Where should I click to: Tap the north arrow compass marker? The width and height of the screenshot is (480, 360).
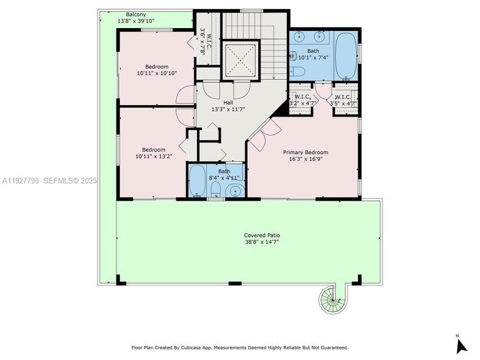tap(461, 344)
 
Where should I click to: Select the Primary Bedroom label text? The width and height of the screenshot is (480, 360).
tap(305, 152)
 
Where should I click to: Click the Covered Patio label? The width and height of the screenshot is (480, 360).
tap(262, 235)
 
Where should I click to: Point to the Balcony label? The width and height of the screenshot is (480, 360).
tap(136, 14)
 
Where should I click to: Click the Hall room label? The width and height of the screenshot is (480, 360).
tap(228, 102)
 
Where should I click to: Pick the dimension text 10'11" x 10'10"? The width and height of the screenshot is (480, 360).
tap(156, 73)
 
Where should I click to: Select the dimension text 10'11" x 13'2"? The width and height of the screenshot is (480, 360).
tap(153, 156)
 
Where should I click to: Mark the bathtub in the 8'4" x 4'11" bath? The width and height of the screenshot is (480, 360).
tap(197, 180)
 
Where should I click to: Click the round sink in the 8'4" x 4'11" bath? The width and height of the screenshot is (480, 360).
tap(234, 191)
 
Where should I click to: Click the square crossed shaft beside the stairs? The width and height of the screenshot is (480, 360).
tap(240, 59)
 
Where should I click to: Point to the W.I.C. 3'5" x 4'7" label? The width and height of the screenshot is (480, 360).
tap(343, 100)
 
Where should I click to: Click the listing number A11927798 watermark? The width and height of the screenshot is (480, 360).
tap(21, 181)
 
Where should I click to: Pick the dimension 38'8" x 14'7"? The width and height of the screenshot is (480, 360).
tap(262, 242)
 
